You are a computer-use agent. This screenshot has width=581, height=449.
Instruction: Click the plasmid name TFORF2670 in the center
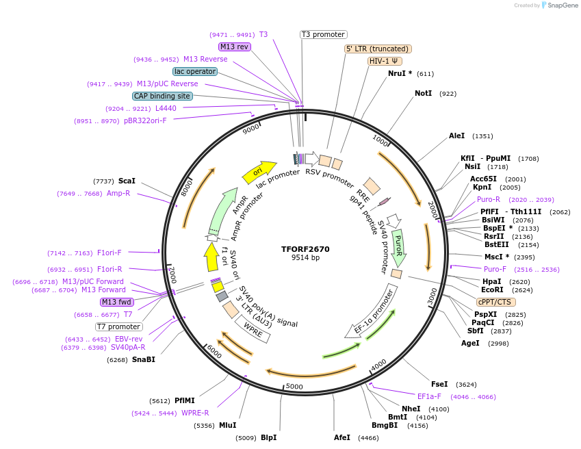tap(305, 249)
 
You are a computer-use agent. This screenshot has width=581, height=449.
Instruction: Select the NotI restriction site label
tap(423, 93)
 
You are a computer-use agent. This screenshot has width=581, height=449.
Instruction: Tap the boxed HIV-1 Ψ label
tap(385, 61)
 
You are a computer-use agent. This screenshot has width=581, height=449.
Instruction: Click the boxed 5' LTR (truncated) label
tap(378, 49)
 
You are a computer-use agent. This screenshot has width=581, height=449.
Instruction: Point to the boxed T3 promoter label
tap(324, 34)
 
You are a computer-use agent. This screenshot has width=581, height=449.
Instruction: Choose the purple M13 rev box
tap(235, 47)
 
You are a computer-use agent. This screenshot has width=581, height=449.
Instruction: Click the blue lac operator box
tap(195, 71)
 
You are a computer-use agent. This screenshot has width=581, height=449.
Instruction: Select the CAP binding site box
tap(162, 97)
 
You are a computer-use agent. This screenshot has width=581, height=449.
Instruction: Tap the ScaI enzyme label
tap(127, 181)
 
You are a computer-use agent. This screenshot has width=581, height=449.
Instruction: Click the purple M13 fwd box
tap(116, 302)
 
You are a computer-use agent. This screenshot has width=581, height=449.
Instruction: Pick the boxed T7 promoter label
tap(119, 326)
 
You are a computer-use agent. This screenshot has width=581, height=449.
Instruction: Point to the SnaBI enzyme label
tap(144, 359)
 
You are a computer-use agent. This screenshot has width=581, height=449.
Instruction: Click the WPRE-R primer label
tap(195, 413)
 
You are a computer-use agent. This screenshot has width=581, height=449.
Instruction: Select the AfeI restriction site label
tap(341, 437)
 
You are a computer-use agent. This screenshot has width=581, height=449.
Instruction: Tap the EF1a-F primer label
tap(429, 396)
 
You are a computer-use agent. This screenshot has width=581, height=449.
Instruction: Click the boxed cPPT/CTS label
tap(496, 302)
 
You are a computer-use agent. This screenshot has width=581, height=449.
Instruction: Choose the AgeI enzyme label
tap(470, 343)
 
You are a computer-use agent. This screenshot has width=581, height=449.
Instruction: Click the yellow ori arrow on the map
tap(259, 171)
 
